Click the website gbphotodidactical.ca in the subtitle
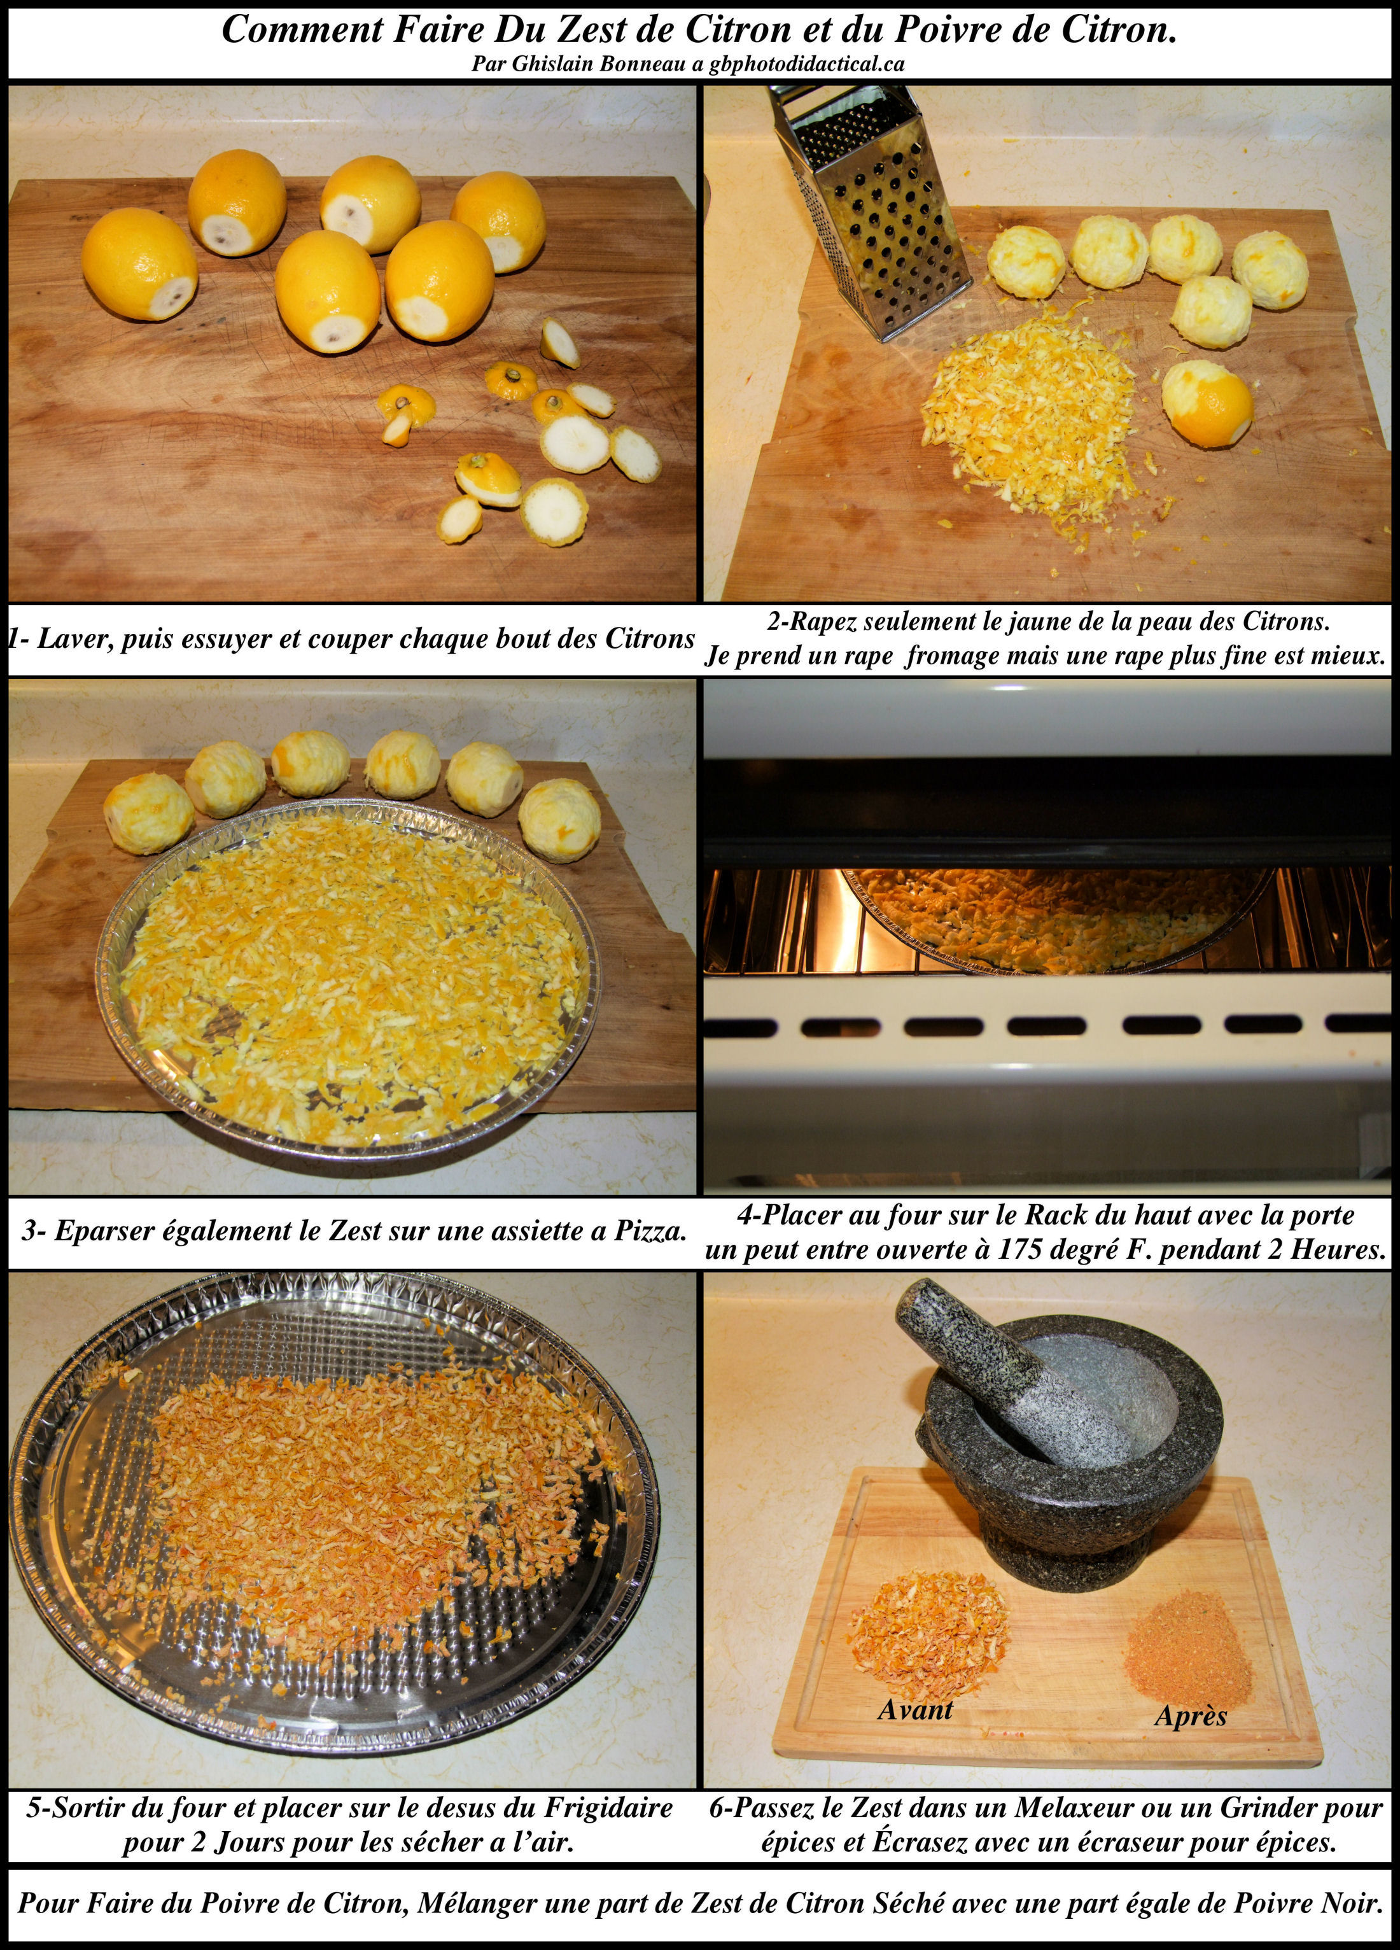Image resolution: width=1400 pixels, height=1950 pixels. tap(807, 64)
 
